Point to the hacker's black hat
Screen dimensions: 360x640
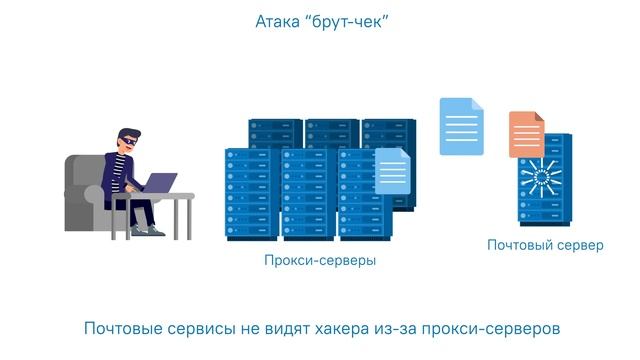point(128,135)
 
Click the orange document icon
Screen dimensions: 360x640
point(526,134)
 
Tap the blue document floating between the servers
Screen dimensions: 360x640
point(462,126)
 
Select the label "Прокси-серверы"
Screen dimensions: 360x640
point(320,261)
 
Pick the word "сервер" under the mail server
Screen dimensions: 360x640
point(579,244)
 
